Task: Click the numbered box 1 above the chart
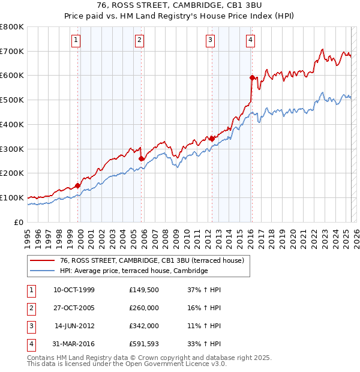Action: (77, 40)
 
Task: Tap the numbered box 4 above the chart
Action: (250, 40)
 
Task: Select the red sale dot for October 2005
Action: (142, 158)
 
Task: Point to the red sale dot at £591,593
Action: (252, 77)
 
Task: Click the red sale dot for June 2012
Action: (211, 139)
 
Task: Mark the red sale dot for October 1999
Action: (78, 185)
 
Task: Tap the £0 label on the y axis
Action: (19, 222)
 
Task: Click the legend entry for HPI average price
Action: (133, 271)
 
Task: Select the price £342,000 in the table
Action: (144, 326)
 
